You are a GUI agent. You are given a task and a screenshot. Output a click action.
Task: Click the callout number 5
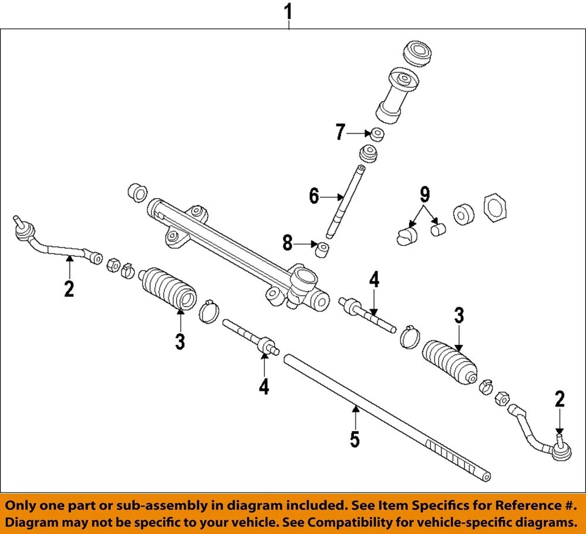pos(355,440)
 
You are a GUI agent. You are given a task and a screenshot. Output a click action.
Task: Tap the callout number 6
pos(314,196)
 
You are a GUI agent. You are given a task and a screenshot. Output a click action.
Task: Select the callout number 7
pos(341,132)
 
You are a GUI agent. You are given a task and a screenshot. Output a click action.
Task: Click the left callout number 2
pos(69,288)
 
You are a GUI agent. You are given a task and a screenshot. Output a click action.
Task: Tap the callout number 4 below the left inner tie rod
pos(263,386)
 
